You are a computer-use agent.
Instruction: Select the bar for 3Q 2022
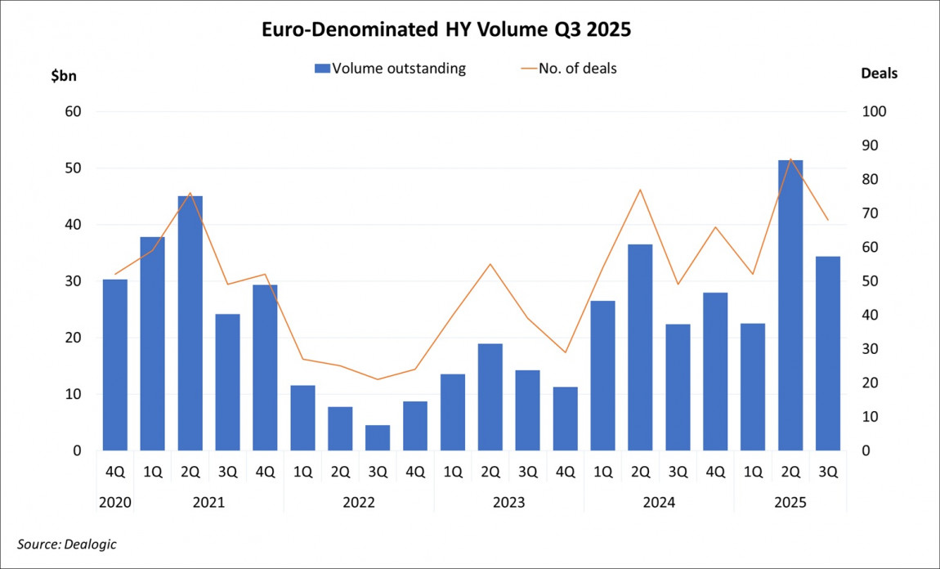click(378, 437)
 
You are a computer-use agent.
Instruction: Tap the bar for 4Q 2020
click(115, 365)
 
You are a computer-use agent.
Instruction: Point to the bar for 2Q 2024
click(640, 347)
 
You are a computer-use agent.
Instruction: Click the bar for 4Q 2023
click(565, 419)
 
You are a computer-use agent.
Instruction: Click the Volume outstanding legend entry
click(391, 69)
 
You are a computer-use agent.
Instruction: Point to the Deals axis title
click(879, 74)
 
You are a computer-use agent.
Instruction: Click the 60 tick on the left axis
click(74, 112)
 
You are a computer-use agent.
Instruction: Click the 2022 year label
click(359, 502)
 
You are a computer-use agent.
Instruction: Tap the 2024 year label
click(659, 502)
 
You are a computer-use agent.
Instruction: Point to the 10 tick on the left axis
click(74, 394)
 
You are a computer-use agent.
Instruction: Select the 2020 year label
click(115, 502)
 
